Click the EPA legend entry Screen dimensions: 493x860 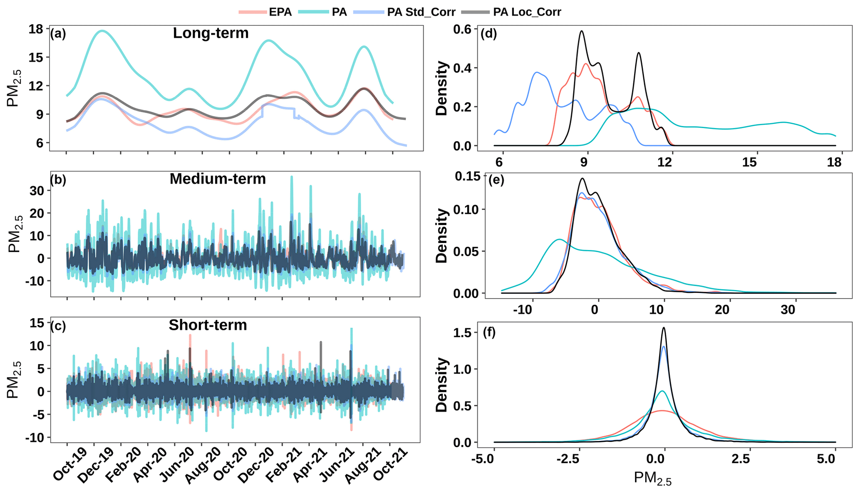point(280,12)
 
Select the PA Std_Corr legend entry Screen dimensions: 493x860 point(421,12)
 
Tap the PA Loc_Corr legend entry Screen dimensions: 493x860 point(527,12)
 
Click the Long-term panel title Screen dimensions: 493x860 point(211,33)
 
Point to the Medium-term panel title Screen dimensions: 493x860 point(218,179)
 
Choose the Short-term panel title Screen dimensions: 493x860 point(208,325)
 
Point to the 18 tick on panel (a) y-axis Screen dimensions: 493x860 point(36,29)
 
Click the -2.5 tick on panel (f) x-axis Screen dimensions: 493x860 point(568,459)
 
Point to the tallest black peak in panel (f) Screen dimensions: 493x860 point(664,328)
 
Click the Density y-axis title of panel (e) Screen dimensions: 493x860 point(441,236)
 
